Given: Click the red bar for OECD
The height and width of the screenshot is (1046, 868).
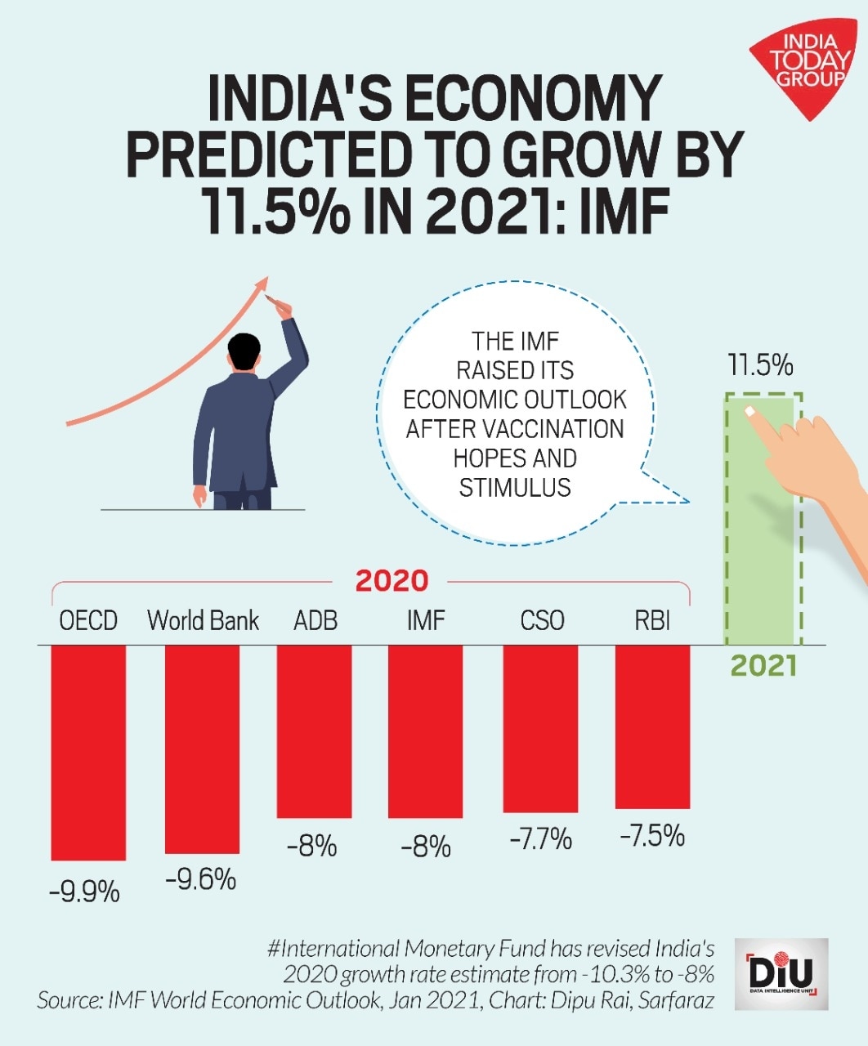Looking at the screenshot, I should [88, 752].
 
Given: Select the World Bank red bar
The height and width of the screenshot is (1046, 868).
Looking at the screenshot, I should [202, 749].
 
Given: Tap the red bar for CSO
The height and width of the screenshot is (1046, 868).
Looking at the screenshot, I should [540, 728].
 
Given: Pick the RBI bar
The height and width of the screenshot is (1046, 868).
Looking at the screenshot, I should [652, 726].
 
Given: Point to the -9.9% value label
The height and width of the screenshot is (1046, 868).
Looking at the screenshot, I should [84, 892].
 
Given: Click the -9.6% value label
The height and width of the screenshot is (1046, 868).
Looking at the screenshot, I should [200, 879].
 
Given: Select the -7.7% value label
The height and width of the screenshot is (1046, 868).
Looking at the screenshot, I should [540, 839].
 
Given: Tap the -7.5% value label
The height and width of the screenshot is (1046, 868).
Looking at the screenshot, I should [652, 836].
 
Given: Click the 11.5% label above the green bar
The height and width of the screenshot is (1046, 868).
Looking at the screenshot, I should [760, 365].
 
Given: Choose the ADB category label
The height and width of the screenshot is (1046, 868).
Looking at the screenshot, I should [315, 621].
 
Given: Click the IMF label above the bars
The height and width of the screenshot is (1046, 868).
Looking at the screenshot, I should [426, 621].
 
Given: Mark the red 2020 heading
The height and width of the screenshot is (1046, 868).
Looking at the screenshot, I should [391, 581].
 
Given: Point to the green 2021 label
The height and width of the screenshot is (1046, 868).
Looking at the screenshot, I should [763, 666].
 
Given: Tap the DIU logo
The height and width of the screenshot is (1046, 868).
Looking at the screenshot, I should [781, 973].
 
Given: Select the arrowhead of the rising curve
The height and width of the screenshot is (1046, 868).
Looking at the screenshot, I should [262, 284].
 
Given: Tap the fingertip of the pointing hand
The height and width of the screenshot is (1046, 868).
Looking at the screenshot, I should [749, 411].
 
